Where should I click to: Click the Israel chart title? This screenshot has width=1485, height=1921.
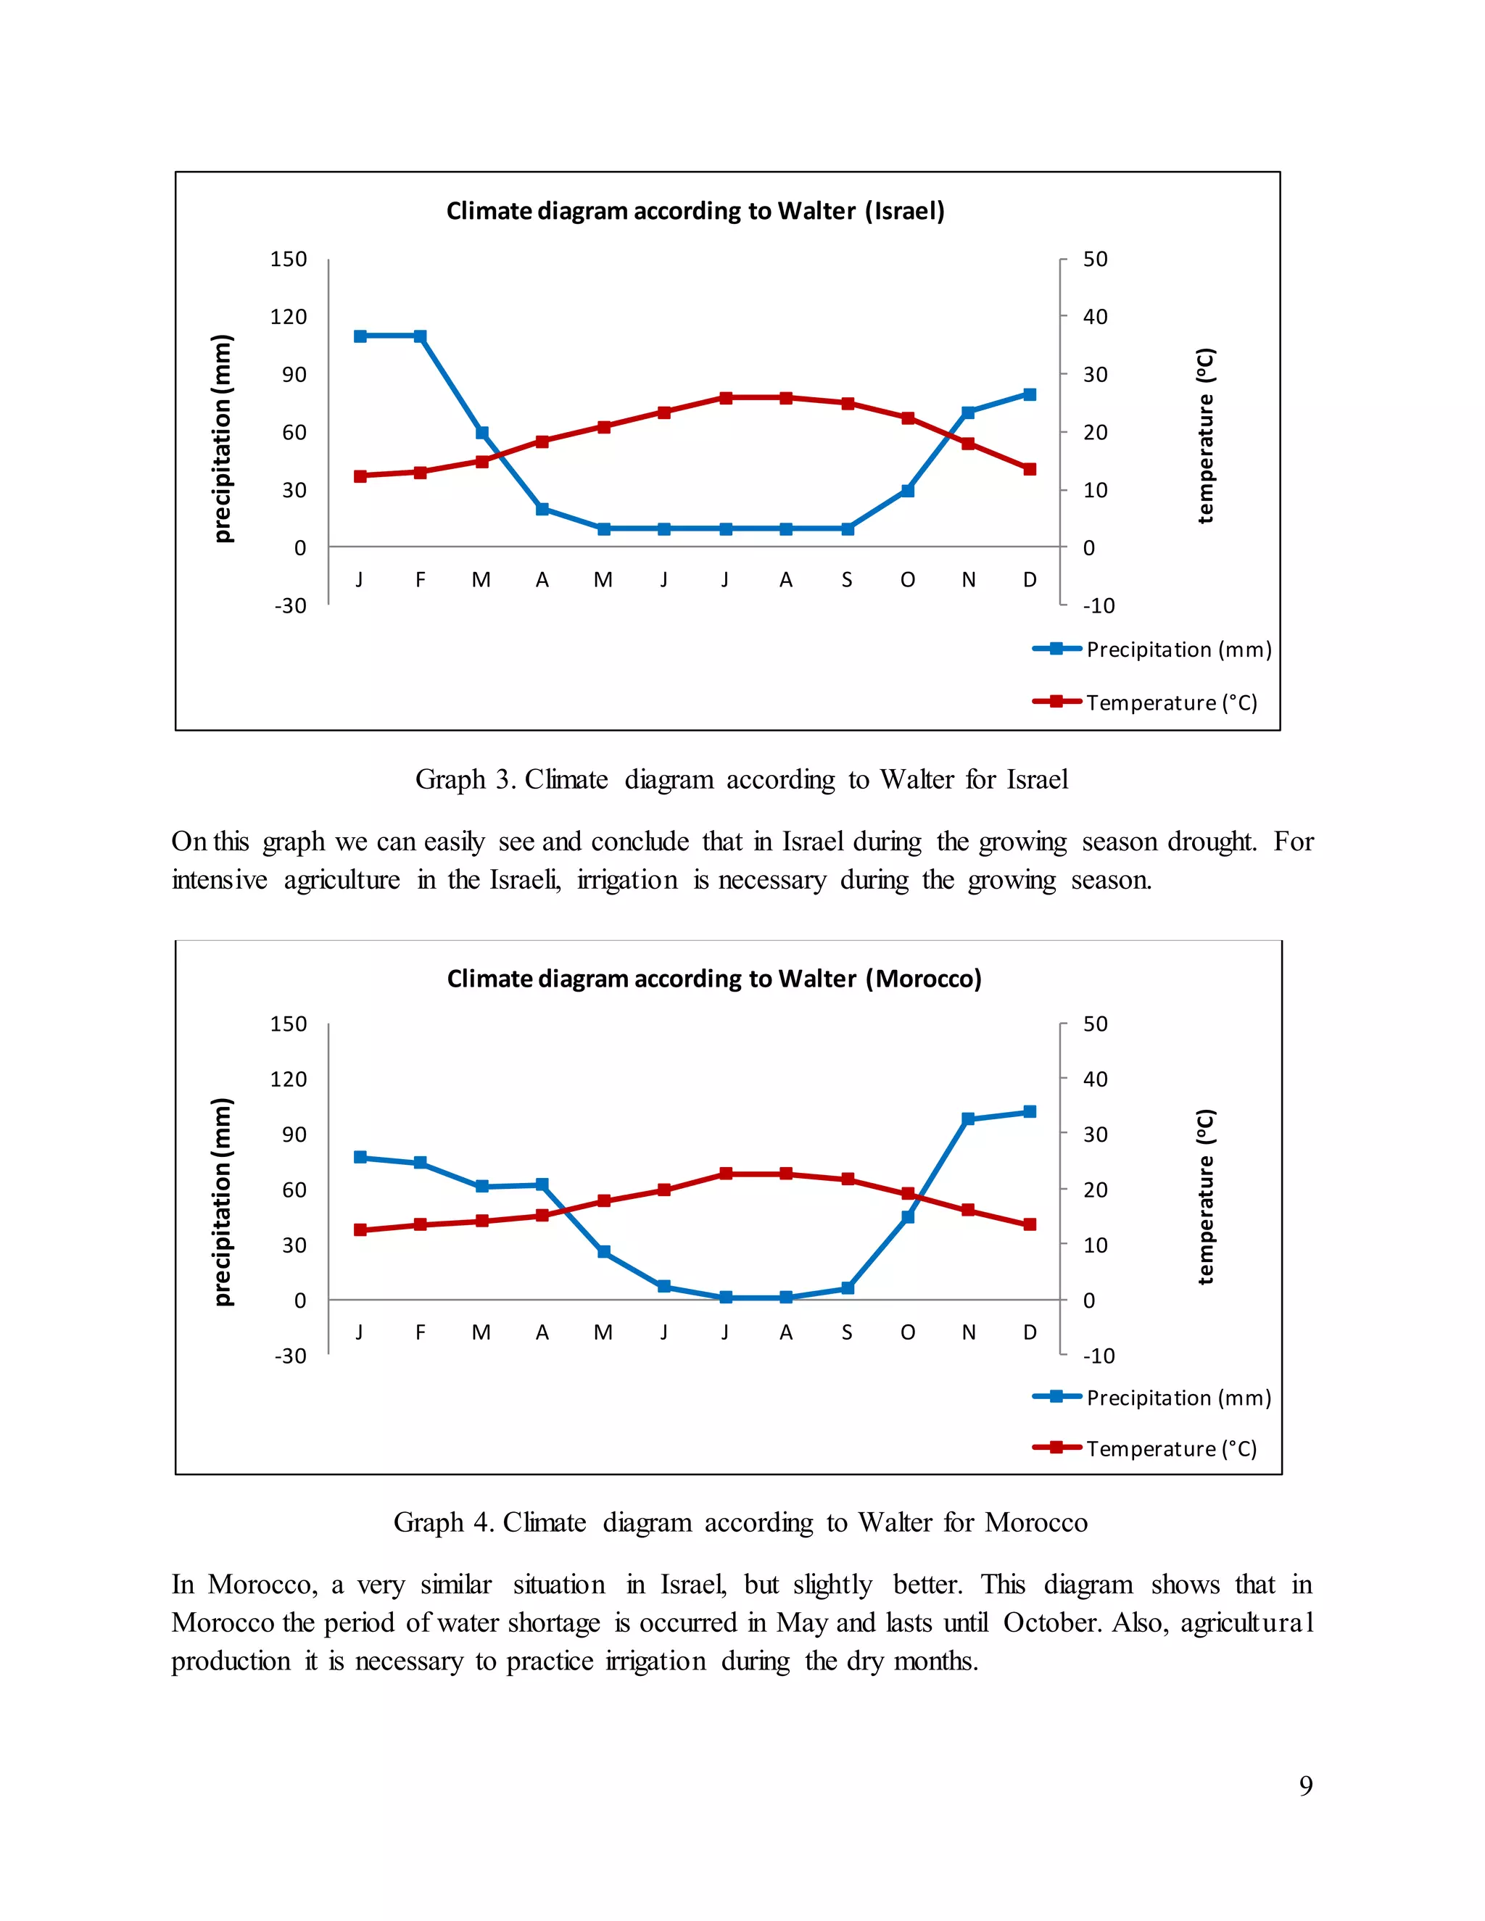[x=695, y=211]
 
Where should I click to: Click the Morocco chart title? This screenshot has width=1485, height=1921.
[x=713, y=979]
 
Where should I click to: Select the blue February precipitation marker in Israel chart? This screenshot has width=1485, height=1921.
[x=421, y=336]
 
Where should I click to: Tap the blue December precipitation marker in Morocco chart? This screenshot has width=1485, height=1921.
[x=1030, y=1112]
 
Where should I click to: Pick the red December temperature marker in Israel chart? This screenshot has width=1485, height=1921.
[x=1030, y=469]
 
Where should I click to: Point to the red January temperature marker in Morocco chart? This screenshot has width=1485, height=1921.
[x=360, y=1229]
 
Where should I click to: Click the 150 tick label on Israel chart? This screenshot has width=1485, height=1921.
[x=288, y=260]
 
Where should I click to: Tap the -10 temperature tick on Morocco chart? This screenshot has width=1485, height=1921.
[x=1098, y=1356]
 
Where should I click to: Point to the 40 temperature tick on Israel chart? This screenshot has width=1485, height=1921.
[x=1094, y=317]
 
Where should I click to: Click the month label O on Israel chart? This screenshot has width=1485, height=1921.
[x=907, y=580]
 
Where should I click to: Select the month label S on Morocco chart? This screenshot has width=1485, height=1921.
[x=846, y=1332]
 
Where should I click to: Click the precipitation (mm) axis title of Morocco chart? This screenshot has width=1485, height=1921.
[x=223, y=1201]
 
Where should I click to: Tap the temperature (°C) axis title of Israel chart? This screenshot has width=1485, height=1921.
[x=1205, y=436]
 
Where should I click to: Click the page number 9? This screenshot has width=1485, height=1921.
[x=1305, y=1785]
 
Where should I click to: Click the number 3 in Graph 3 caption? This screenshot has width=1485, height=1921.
[x=504, y=779]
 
